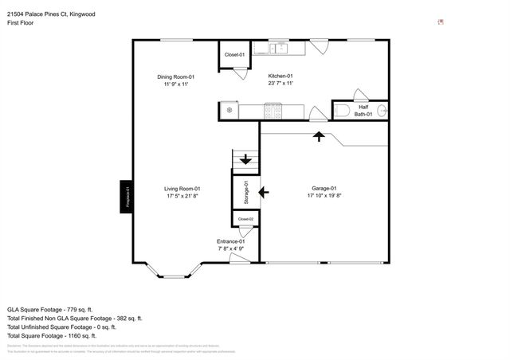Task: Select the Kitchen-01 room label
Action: pos(280,76)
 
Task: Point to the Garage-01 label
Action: pos(324,189)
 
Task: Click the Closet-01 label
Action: pos(234,55)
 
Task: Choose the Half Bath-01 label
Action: pos(363,111)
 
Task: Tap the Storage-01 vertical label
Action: pos(246,194)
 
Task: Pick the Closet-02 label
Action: pos(245,219)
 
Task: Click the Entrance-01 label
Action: pos(236,241)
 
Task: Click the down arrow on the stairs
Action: pos(245,159)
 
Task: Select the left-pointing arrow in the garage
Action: pos(265,192)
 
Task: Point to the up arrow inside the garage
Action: pos(320,136)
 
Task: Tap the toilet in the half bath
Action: pos(338,111)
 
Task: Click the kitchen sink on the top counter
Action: pos(279,49)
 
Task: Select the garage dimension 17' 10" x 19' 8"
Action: pos(324,196)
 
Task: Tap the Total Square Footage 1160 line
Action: pos(61,335)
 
